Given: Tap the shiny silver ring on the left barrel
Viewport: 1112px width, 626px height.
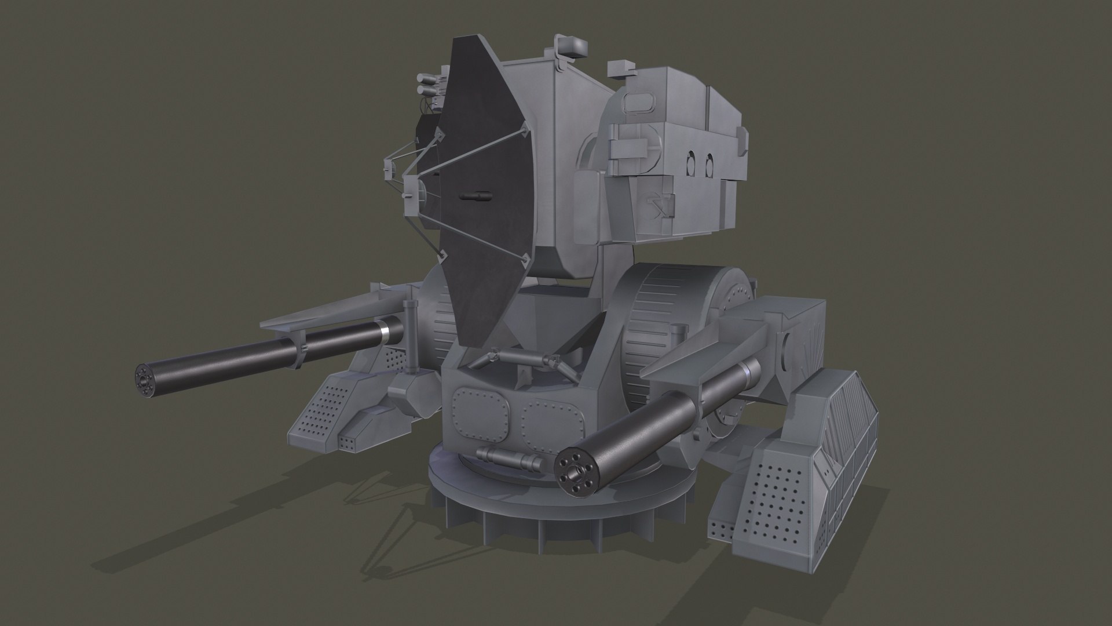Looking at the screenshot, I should [x=383, y=332].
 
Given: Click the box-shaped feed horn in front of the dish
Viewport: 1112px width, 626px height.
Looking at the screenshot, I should [x=412, y=189].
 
